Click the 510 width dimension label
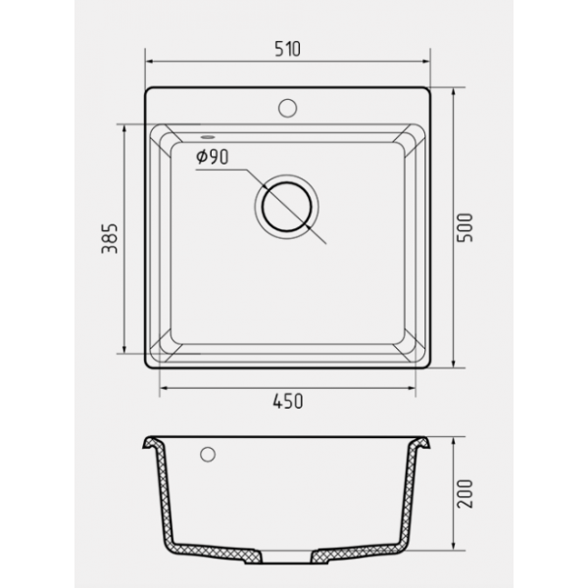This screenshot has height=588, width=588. pyautogui.click(x=287, y=49)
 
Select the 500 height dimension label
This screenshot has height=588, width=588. pyautogui.click(x=465, y=227)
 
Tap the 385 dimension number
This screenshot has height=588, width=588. pyautogui.click(x=110, y=238)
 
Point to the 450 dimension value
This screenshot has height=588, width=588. pyautogui.click(x=287, y=401)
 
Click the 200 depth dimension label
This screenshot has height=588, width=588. pyautogui.click(x=465, y=494)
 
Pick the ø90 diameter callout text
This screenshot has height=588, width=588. pyautogui.click(x=213, y=157)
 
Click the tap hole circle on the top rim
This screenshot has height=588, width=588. pyautogui.click(x=287, y=108)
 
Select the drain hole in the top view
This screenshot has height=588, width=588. pyautogui.click(x=287, y=207)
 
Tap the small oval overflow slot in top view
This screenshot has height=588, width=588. pyautogui.click(x=208, y=137)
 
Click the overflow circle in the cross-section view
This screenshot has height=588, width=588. pyautogui.click(x=208, y=455)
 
